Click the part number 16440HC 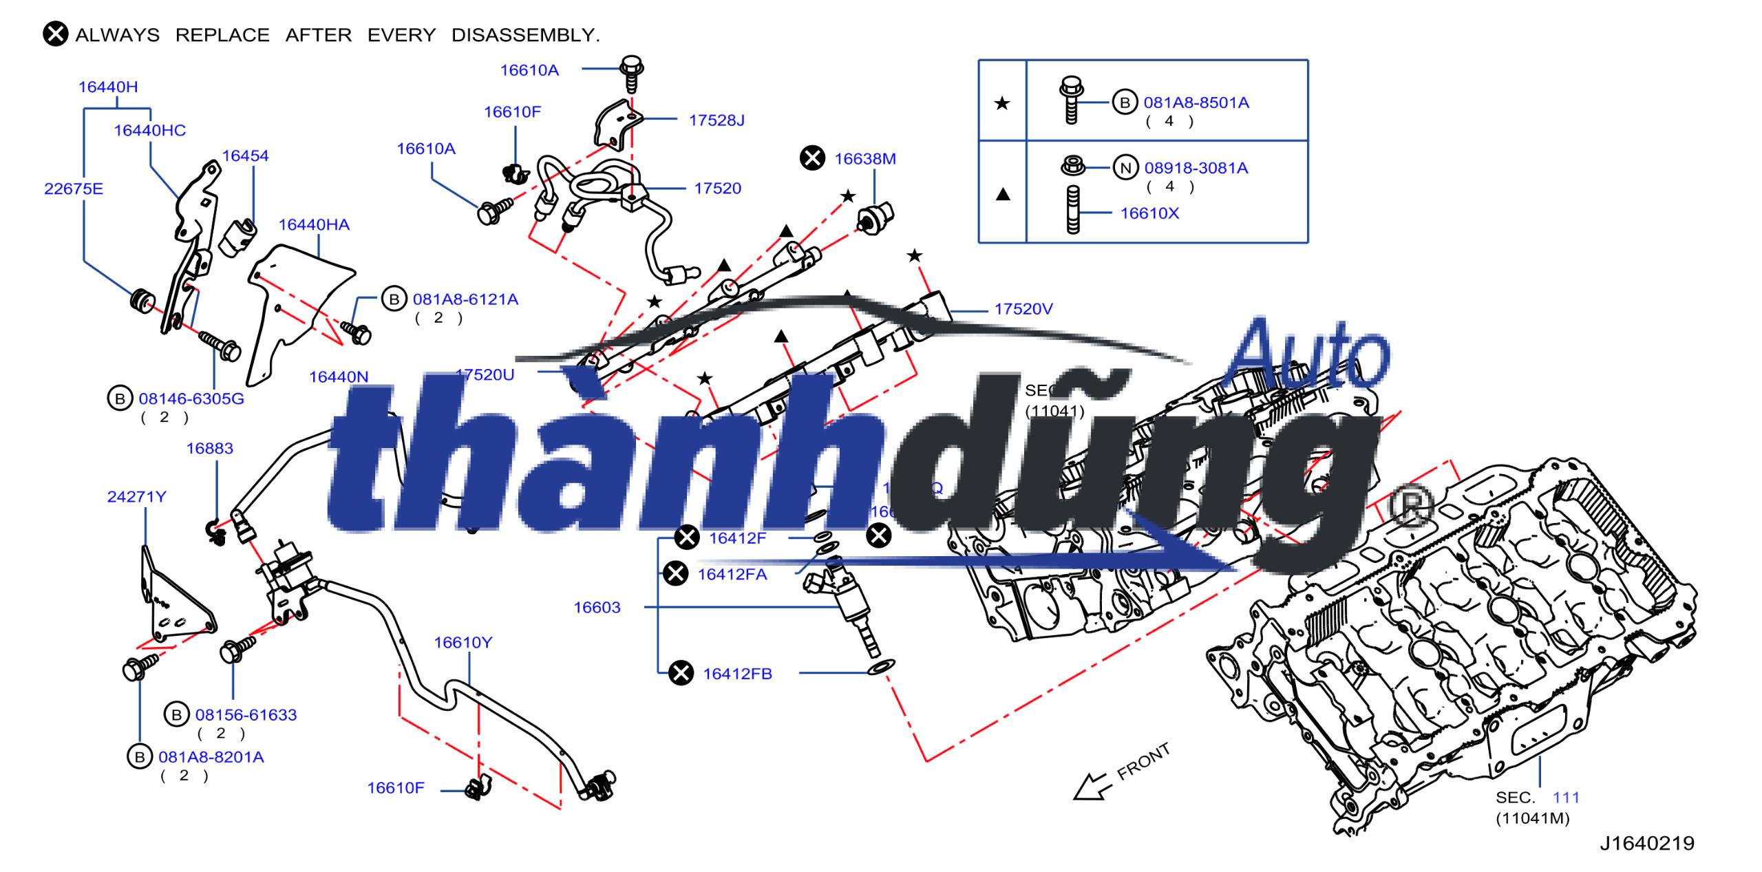coord(149,131)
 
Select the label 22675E coord(74,189)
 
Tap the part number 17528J coord(717,120)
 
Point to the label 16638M coord(865,159)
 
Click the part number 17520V coord(1023,310)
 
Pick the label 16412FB coord(737,674)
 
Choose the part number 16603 coord(597,608)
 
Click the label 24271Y coord(136,497)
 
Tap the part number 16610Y coord(463,643)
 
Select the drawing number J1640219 coord(1646,844)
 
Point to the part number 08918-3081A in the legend coord(1196,169)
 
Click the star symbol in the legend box coord(1002,104)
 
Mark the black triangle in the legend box coord(1003,195)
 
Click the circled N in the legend coord(1125,168)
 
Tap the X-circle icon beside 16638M coord(812,158)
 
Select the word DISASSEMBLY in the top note coord(525,35)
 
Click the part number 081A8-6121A coord(465,299)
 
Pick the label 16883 coord(209,449)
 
